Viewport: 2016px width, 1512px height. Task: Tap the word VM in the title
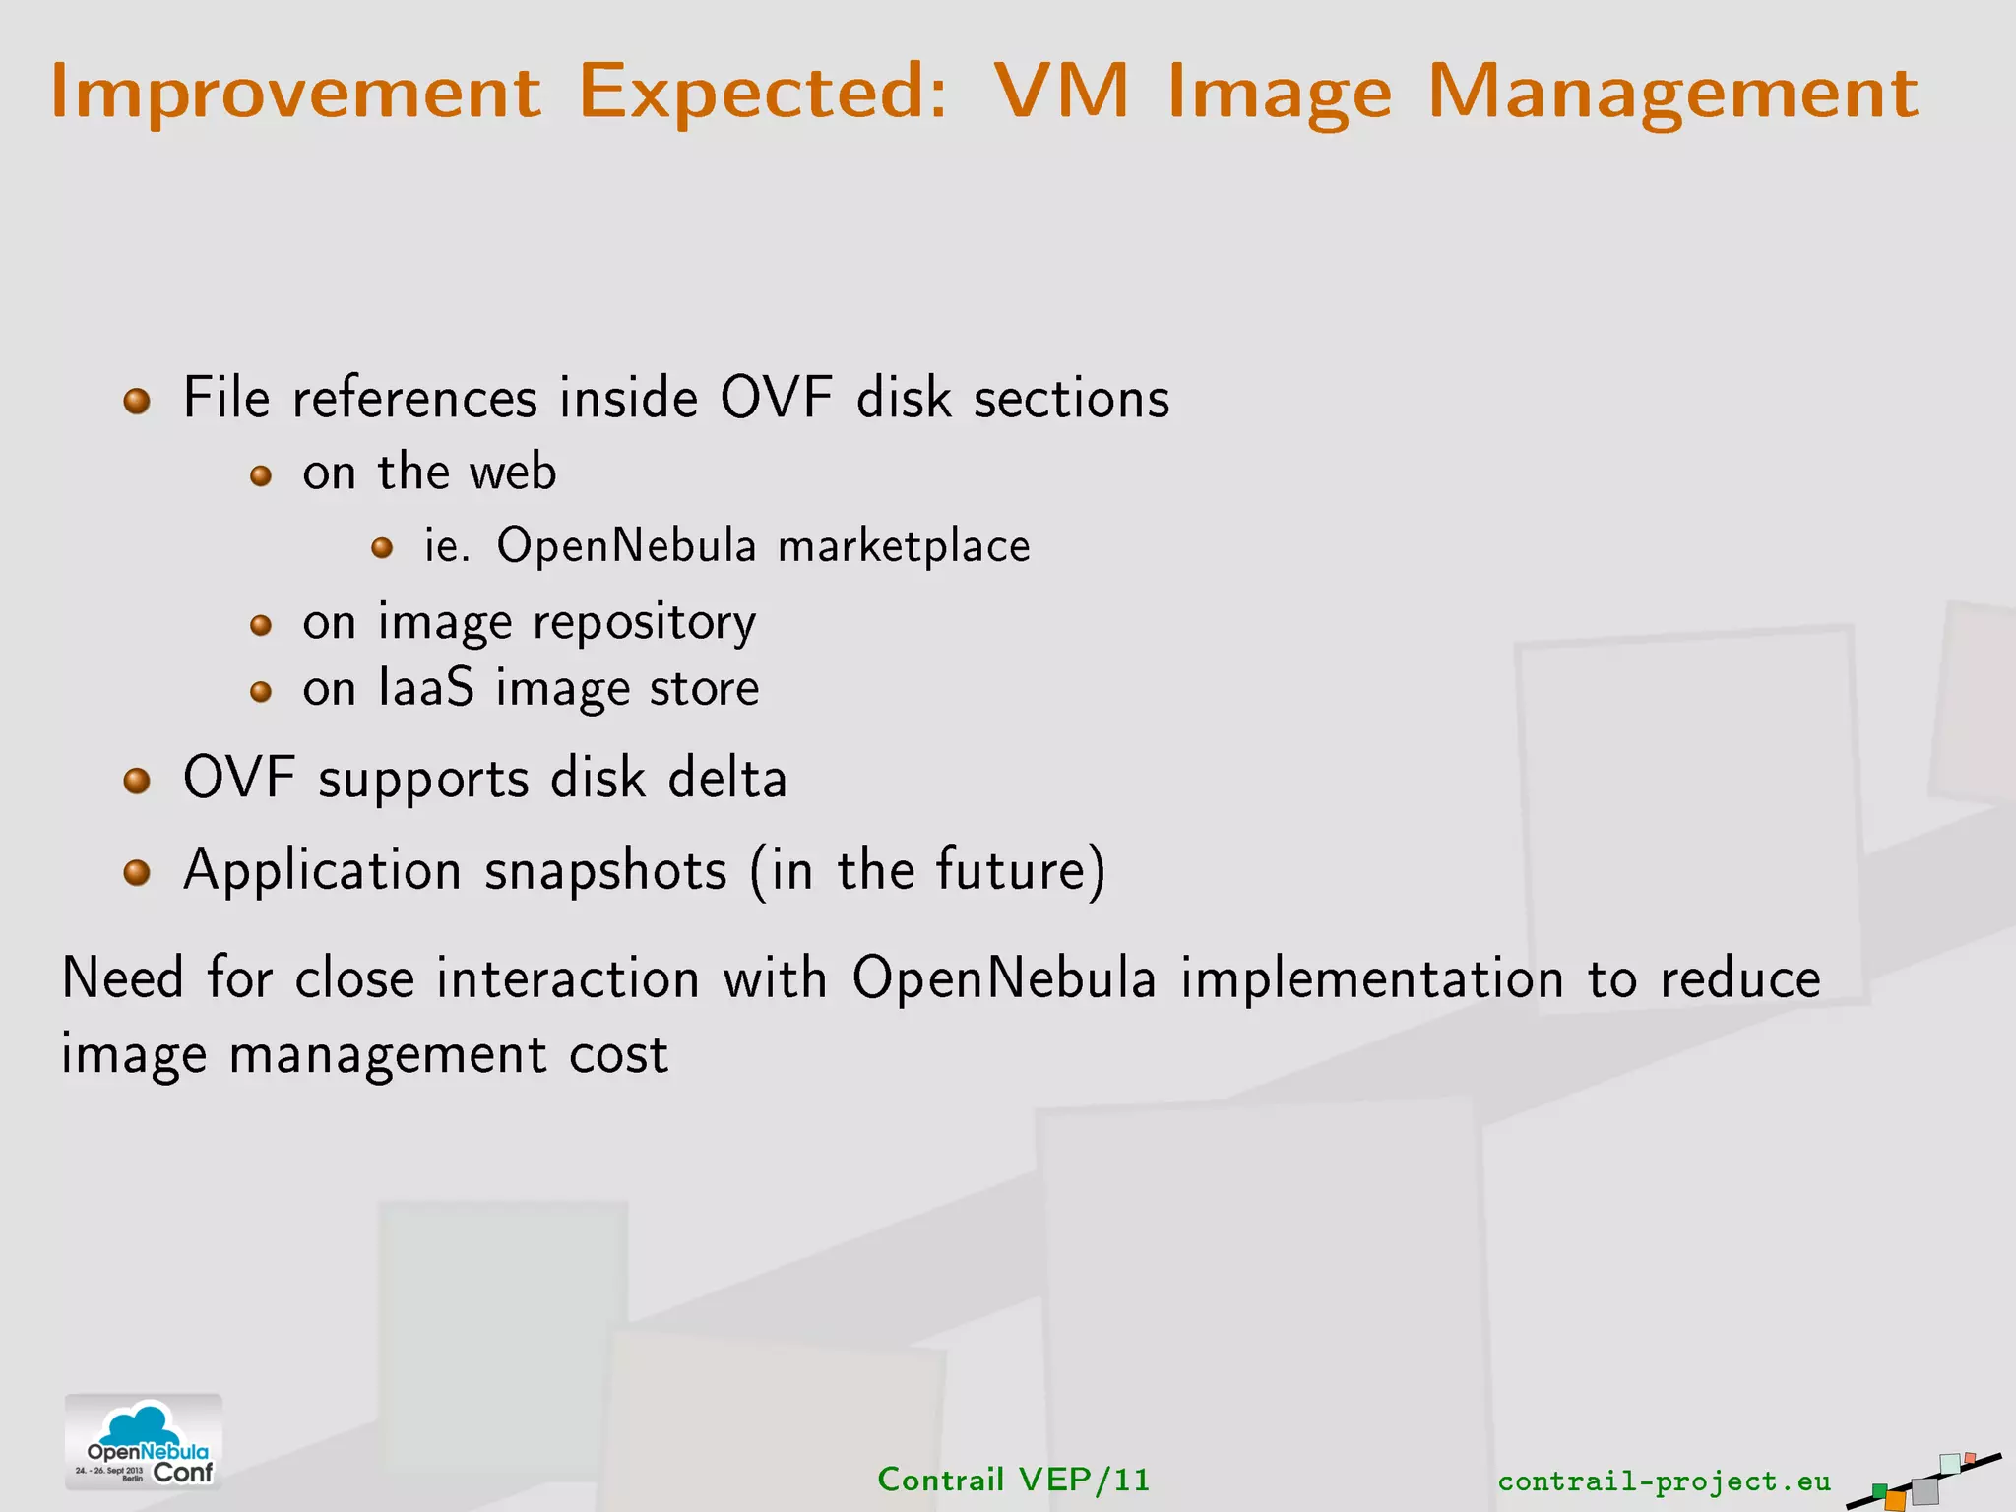tap(1061, 92)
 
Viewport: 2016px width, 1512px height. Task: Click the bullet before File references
tap(137, 401)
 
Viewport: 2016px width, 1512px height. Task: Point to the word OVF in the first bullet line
tap(777, 399)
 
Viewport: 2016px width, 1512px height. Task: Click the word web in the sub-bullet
tap(513, 472)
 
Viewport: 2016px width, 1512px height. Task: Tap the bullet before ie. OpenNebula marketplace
tap(382, 548)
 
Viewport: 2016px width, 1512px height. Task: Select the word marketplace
tap(904, 547)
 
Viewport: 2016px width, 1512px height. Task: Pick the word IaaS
tap(425, 688)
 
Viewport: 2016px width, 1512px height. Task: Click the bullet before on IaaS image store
tap(260, 691)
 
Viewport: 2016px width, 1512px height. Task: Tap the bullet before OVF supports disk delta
tap(137, 782)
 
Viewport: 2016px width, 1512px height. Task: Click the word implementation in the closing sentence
tap(1372, 979)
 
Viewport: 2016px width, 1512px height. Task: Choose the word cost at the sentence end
tap(619, 1055)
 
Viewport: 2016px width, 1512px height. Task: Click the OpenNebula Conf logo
tap(144, 1442)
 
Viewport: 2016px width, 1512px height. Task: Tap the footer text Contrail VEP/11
tap(1013, 1480)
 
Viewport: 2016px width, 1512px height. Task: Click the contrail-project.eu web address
tap(1664, 1481)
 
